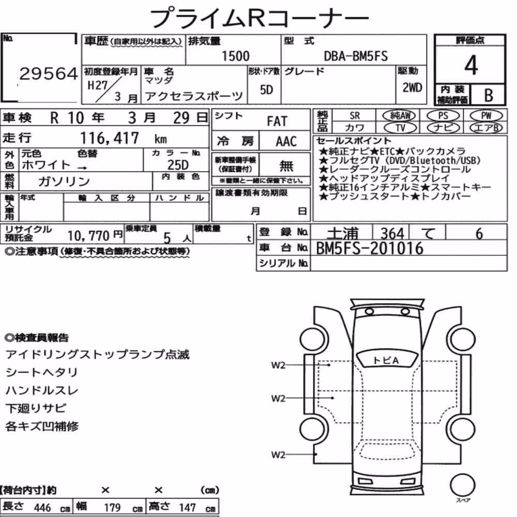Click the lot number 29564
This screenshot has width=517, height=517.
click(x=49, y=73)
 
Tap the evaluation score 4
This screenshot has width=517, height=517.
click(x=471, y=65)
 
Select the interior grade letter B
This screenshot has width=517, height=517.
click(x=489, y=95)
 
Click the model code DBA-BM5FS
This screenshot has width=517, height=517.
click(x=356, y=56)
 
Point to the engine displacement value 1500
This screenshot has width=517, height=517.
click(x=235, y=56)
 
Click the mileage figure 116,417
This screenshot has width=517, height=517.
click(x=110, y=138)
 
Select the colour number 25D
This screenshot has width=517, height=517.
click(x=178, y=165)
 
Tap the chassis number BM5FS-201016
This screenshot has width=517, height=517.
click(x=370, y=248)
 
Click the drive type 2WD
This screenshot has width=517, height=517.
click(x=412, y=87)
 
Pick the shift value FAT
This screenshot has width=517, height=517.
click(x=277, y=121)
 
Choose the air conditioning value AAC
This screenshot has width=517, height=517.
click(x=286, y=142)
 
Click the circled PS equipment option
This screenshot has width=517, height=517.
click(x=443, y=115)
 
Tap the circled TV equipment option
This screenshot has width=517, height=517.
click(x=400, y=127)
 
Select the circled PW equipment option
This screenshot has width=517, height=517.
click(x=486, y=115)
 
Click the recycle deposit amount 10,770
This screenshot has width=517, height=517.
click(x=88, y=236)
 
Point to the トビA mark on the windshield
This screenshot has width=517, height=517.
click(x=386, y=360)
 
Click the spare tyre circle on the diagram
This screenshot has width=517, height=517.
click(x=462, y=485)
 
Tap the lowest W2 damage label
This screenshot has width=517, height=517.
click(x=278, y=455)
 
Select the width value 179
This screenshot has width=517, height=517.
click(x=112, y=507)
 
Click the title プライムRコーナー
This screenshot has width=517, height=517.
click(x=259, y=18)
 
